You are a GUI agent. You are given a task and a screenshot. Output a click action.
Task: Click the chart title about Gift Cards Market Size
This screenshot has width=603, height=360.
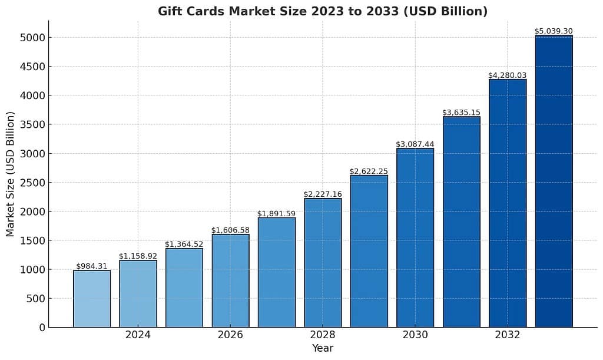point(322,11)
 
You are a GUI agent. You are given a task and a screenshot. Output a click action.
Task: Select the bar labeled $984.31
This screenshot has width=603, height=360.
point(92,299)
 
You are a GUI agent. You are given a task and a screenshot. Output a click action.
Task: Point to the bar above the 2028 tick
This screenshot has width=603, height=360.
point(323,263)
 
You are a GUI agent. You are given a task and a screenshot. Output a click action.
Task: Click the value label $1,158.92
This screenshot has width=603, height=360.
point(138,256)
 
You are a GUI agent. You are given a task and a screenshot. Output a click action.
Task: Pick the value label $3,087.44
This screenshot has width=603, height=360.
point(415,144)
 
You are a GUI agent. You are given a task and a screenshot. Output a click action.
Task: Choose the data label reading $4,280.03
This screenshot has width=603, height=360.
point(508,75)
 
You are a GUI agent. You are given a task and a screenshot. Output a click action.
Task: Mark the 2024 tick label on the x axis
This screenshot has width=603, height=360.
point(138,335)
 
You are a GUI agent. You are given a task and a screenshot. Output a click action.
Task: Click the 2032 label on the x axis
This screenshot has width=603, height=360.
point(508,335)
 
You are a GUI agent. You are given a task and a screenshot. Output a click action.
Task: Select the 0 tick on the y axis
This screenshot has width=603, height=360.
point(42,328)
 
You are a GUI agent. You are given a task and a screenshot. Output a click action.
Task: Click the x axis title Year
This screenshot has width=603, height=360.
point(323,348)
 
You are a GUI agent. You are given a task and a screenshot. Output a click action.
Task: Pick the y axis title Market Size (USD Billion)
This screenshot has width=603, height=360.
point(11,174)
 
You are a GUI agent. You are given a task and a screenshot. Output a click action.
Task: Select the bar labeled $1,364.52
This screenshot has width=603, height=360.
point(184,288)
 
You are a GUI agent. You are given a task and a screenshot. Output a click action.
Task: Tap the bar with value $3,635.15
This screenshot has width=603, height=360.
point(462,222)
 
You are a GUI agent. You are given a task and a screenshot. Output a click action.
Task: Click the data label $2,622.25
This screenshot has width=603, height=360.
point(369,171)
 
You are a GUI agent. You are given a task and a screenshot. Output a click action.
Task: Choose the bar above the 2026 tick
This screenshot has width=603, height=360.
point(230,280)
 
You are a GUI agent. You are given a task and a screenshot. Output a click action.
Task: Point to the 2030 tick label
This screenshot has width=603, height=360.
point(415,335)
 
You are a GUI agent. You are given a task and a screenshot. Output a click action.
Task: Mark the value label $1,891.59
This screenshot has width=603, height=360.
point(276,213)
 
